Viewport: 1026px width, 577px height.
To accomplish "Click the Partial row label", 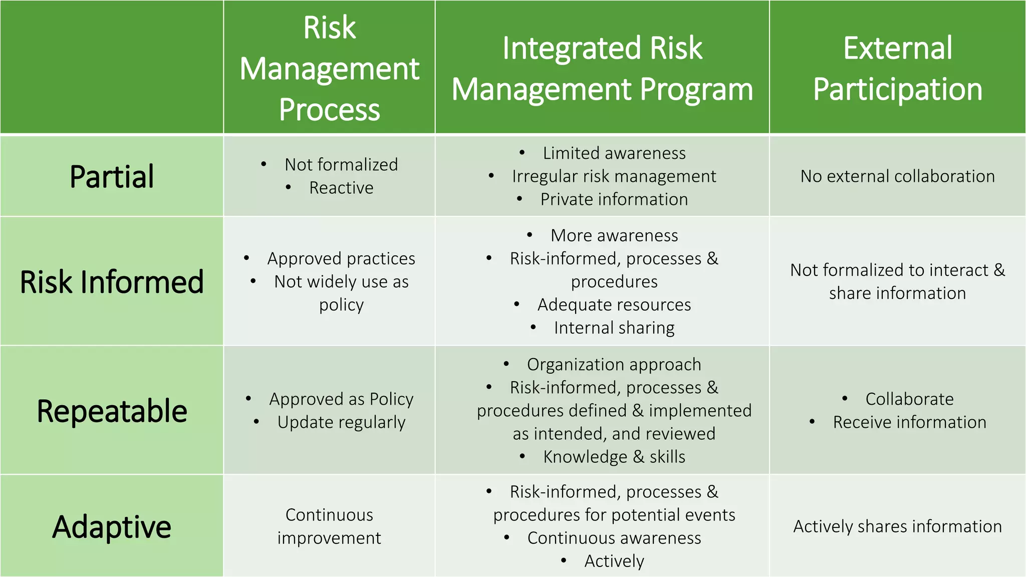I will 112,177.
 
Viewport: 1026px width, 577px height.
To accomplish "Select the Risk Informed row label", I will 112,282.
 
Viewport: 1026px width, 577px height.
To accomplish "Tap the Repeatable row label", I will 112,411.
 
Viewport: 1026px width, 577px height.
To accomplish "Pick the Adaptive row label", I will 112,527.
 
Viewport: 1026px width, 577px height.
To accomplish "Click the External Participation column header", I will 897,69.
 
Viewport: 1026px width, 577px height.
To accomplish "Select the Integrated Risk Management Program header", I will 602,69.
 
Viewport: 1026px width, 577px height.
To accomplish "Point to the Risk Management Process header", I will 329,69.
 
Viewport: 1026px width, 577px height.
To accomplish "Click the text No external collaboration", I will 897,176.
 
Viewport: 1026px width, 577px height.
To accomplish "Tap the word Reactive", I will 341,188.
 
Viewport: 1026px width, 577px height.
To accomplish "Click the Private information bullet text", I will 614,199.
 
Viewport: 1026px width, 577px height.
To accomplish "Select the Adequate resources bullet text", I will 614,305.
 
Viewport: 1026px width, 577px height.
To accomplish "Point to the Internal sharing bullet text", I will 614,328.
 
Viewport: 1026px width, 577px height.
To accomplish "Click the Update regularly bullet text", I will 341,422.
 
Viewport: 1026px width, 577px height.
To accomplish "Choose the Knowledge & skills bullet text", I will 614,457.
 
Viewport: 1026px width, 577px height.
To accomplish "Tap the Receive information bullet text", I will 909,422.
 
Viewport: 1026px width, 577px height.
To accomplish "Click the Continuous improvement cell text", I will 329,526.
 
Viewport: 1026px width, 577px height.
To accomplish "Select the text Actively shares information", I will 897,526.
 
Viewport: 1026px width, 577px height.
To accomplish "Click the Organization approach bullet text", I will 614,365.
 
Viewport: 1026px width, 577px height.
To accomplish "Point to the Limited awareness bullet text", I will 614,153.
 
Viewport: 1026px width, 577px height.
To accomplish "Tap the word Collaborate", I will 909,399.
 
